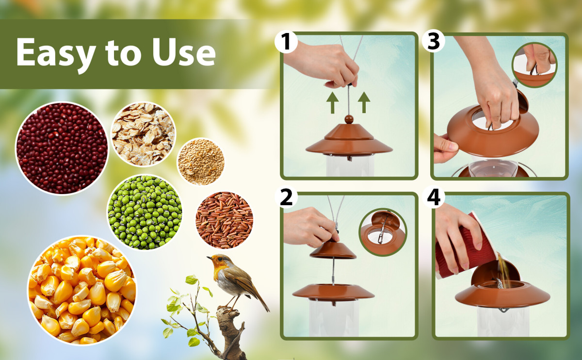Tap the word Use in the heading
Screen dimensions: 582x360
point(184,52)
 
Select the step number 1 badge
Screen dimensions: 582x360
point(286,42)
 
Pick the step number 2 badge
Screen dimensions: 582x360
point(286,197)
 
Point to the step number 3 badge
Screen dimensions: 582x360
point(434,41)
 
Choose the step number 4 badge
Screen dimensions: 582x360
point(434,197)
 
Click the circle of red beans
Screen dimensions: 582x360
point(62,148)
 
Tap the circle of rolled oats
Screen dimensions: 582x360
point(143,134)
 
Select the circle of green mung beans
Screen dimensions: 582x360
point(145,213)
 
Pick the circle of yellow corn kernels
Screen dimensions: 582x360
point(82,290)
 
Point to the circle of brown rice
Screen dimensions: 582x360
point(224,220)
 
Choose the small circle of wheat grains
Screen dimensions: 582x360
point(201,162)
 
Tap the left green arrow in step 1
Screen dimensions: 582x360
point(332,103)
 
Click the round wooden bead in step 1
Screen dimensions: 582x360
point(349,119)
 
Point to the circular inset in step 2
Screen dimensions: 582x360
point(383,232)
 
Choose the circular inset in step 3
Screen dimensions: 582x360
point(534,65)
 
